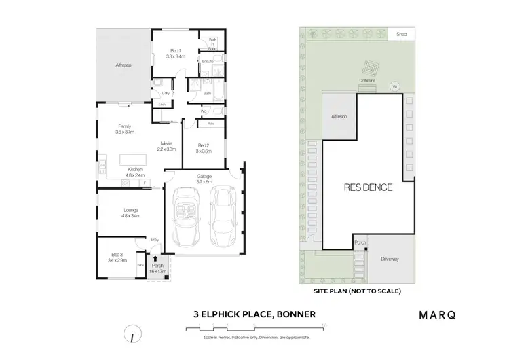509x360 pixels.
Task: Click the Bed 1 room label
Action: coord(176,54)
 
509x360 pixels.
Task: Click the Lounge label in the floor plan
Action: coord(131,213)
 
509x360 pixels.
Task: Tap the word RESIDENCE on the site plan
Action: coord(367,187)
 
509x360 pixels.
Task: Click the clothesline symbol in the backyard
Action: coord(370,70)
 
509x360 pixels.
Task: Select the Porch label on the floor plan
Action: coord(158,268)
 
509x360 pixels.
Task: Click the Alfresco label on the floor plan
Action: coord(123,65)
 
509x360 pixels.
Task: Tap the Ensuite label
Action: coord(208,62)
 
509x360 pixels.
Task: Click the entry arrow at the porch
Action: coord(157,259)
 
